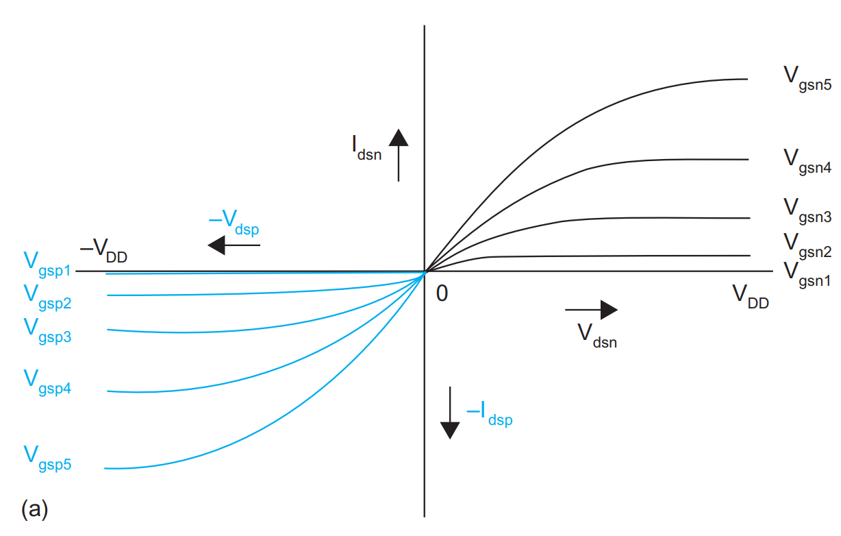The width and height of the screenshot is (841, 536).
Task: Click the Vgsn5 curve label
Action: [807, 79]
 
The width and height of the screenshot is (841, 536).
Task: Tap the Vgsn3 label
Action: [807, 210]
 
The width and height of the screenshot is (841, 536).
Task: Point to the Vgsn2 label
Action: [807, 245]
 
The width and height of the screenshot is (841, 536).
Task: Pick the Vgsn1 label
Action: [807, 274]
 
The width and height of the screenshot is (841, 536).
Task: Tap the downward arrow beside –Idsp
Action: [450, 412]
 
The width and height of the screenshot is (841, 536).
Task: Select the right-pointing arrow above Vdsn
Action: [591, 310]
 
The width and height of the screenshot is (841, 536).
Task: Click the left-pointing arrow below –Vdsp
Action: [234, 245]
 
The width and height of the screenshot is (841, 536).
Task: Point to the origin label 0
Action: [442, 293]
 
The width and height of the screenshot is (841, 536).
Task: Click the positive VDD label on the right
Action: [750, 296]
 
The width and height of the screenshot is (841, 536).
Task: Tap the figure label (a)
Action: [34, 509]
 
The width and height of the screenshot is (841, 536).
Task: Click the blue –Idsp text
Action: [489, 414]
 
